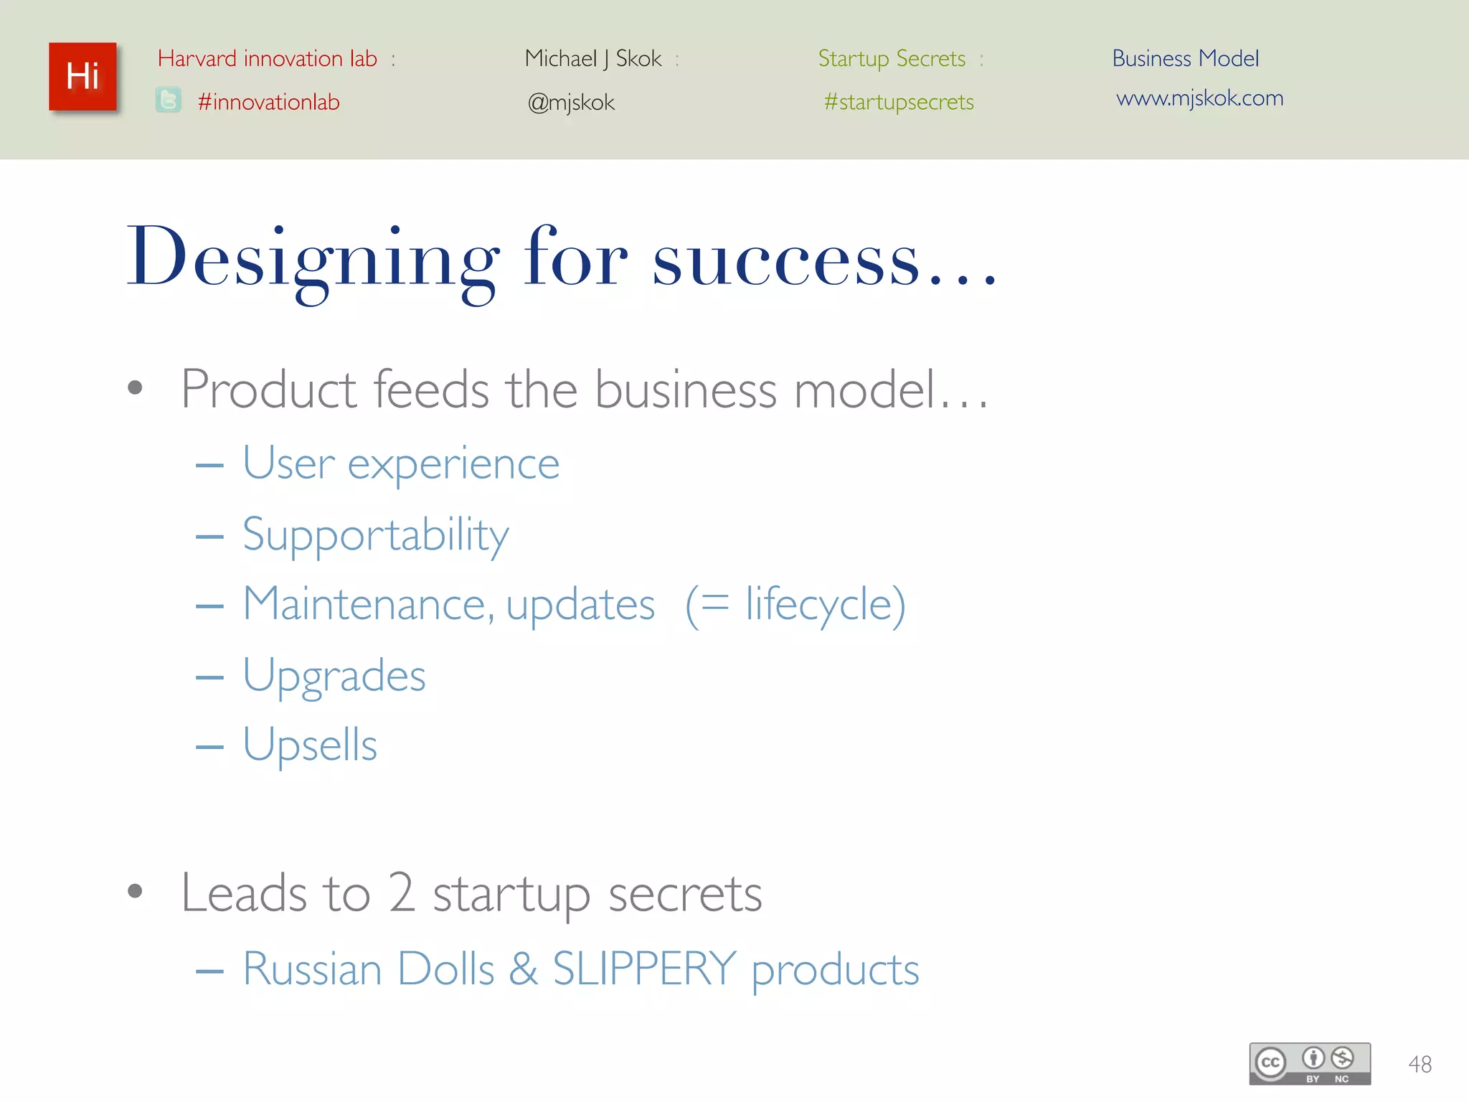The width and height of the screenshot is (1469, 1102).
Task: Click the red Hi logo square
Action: pyautogui.click(x=82, y=77)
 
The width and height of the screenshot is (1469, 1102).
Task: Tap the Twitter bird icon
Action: pyautogui.click(x=169, y=100)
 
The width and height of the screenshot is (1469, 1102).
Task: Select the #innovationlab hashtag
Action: pyautogui.click(x=268, y=103)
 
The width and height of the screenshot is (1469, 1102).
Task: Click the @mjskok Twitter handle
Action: pyautogui.click(x=571, y=103)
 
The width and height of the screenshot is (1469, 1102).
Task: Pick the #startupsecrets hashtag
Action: pyautogui.click(x=899, y=103)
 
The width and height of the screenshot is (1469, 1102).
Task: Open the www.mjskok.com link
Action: pyautogui.click(x=1199, y=98)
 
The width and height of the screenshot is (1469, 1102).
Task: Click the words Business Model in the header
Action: pyautogui.click(x=1185, y=59)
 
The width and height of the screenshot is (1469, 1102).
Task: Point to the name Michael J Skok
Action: pyautogui.click(x=592, y=59)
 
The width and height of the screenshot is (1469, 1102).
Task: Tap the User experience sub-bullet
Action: pyautogui.click(x=400, y=463)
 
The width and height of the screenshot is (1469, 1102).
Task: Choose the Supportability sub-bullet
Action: pyautogui.click(x=375, y=535)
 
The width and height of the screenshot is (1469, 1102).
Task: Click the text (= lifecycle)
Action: pyautogui.click(x=795, y=605)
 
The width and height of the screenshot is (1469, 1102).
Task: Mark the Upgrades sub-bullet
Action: pyautogui.click(x=334, y=676)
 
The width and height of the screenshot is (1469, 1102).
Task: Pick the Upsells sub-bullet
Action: pyautogui.click(x=309, y=745)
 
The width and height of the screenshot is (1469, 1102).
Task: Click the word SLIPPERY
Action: pyautogui.click(x=644, y=969)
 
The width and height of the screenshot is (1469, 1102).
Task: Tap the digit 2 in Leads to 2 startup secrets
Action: pyautogui.click(x=402, y=893)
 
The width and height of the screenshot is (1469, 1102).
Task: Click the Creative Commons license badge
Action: pyautogui.click(x=1309, y=1063)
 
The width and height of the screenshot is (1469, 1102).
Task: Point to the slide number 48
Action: pyautogui.click(x=1420, y=1064)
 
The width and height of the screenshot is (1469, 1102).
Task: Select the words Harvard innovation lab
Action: pyautogui.click(x=267, y=59)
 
